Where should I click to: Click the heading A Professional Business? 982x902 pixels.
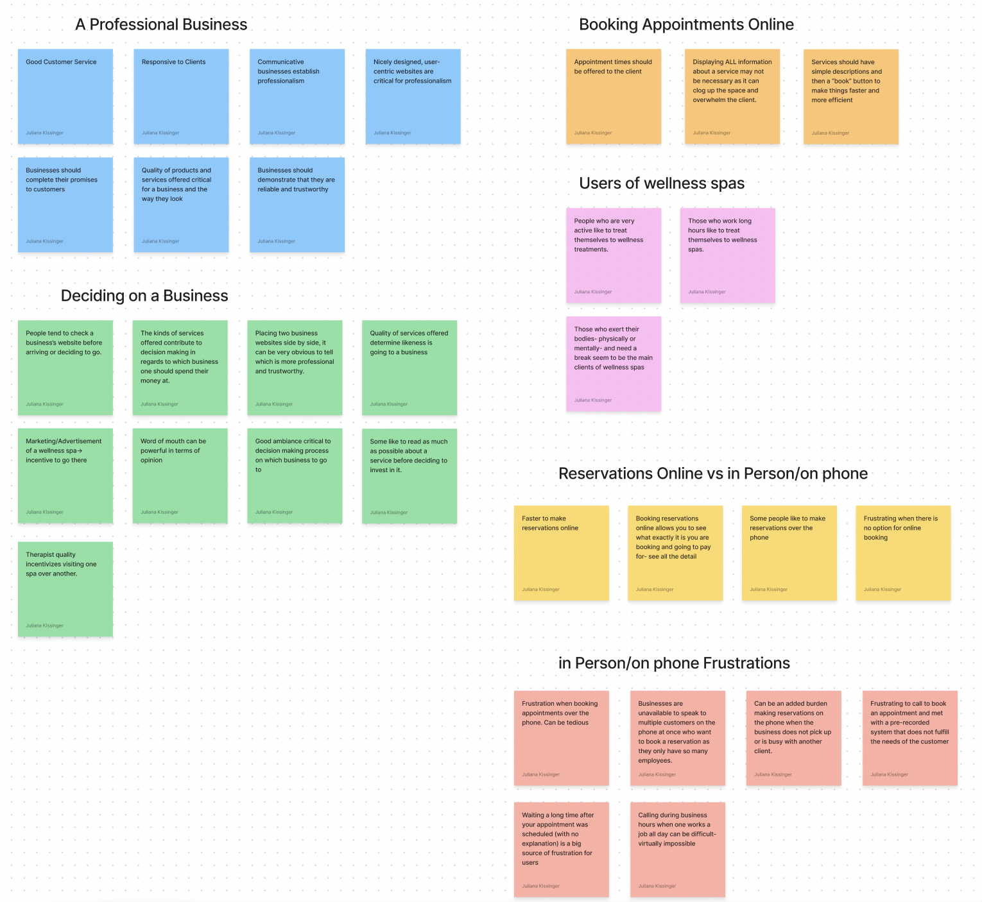point(161,24)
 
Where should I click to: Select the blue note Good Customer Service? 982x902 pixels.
point(65,96)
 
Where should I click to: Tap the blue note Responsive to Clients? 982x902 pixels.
point(181,96)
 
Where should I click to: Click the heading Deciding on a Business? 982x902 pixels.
point(144,296)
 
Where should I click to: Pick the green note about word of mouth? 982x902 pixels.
point(180,475)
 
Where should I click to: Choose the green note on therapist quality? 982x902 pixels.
point(65,589)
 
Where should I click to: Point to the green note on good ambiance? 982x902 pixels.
point(295,475)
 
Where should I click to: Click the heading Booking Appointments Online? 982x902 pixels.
point(686,24)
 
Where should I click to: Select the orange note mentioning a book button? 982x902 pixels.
point(850,96)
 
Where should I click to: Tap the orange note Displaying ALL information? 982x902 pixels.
point(732,96)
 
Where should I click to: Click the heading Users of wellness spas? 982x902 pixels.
point(662,183)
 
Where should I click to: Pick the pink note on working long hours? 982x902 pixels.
point(727,255)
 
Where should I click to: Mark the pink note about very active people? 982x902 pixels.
point(614,255)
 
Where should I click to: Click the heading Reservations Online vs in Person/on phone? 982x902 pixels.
point(712,473)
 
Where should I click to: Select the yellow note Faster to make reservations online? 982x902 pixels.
point(561,552)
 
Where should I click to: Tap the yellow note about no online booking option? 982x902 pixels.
point(902,552)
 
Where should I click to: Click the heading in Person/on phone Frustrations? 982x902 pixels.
point(674,663)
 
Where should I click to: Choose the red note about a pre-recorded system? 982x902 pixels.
point(909,738)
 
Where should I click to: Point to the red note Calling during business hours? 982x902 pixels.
point(677,849)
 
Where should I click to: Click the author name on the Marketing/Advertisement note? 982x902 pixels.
point(45,512)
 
